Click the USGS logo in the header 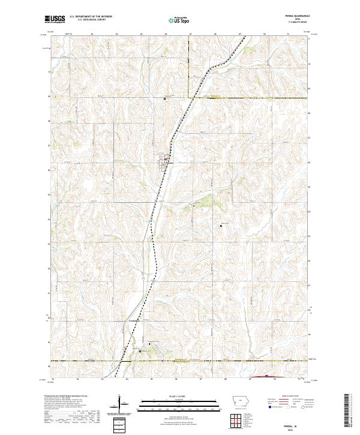coord(55,20)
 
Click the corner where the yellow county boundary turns coord(190,97)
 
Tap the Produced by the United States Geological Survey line coord(70,397)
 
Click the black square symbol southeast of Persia coord(221,226)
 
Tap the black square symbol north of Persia coord(165,98)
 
